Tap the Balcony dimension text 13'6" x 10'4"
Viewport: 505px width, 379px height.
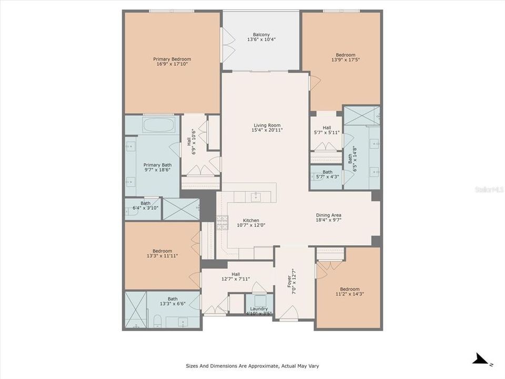261,39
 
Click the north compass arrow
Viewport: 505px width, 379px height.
480,360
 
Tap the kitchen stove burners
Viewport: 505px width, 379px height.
222,223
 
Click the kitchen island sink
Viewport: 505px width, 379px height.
256,196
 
